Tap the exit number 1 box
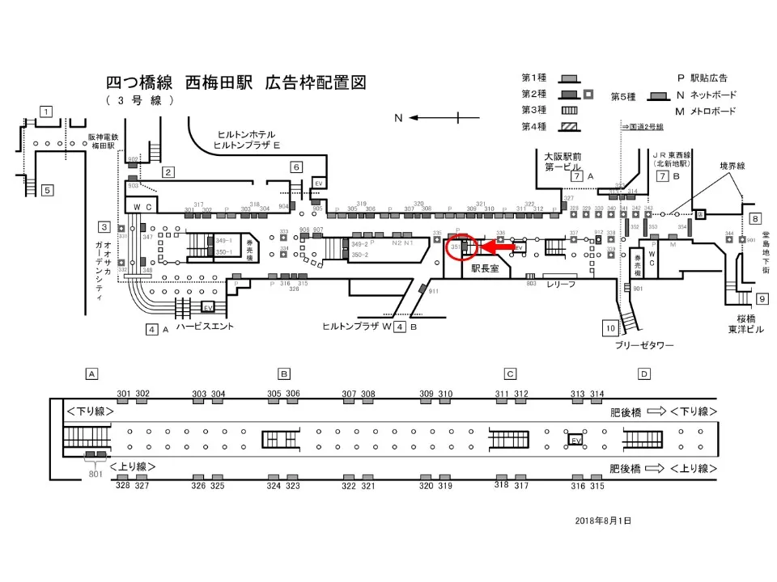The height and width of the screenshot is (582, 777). [x=47, y=112]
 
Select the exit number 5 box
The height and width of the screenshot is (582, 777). [x=47, y=191]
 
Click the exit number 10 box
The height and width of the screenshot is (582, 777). [x=609, y=327]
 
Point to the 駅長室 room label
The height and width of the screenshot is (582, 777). [x=486, y=268]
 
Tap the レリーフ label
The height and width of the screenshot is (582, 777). [x=560, y=285]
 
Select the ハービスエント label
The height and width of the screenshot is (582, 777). [x=205, y=327]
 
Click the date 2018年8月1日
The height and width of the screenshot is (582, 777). [x=604, y=521]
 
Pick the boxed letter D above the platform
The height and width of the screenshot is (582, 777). [x=643, y=373]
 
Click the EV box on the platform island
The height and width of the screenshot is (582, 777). [x=575, y=440]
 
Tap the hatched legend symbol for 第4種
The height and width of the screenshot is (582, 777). [x=571, y=126]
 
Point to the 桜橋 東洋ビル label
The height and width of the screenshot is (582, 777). [x=745, y=324]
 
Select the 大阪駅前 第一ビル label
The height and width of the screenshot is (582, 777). [x=563, y=161]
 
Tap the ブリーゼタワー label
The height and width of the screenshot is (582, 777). [x=643, y=345]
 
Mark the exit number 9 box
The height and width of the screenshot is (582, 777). [x=762, y=299]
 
